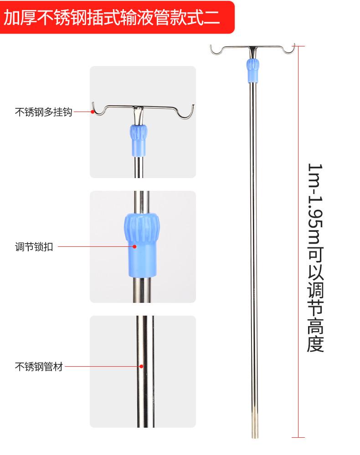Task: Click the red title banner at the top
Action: point(117,17)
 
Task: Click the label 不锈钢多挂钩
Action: point(44,112)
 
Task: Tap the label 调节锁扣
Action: point(34,247)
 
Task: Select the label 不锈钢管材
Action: point(39,367)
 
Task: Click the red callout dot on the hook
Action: point(93,112)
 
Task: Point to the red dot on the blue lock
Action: point(135,247)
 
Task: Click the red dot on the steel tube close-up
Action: point(141,366)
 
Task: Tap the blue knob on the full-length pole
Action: point(253,71)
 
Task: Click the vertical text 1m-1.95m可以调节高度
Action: point(315,258)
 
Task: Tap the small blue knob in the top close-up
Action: point(138,140)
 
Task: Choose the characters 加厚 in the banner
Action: point(20,17)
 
